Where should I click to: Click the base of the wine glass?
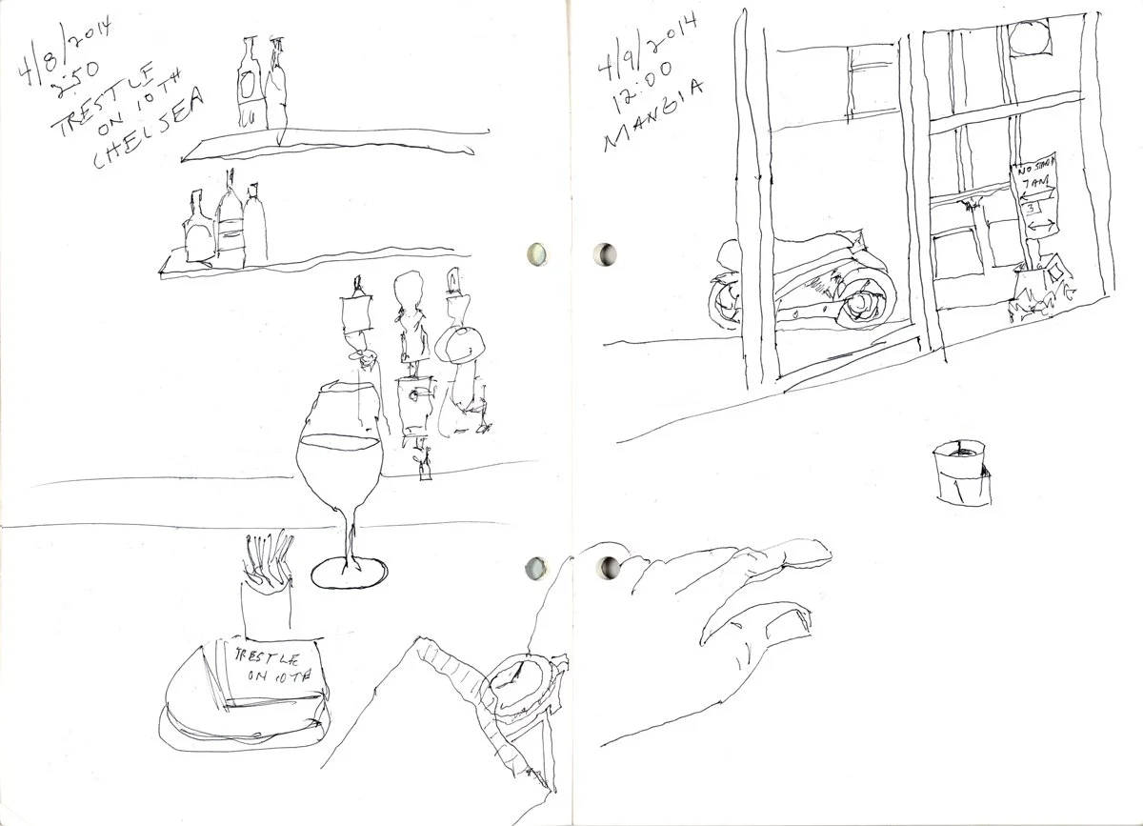point(349,573)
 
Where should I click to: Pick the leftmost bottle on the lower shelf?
point(198,229)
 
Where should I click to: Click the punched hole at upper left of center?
point(536,253)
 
